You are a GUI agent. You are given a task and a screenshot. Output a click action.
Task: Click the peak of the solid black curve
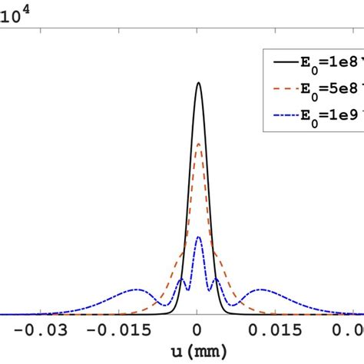(x=199, y=84)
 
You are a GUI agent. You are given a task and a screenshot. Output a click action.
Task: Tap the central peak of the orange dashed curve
(x=199, y=144)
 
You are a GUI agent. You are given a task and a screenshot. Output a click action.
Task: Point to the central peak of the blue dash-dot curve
(x=199, y=237)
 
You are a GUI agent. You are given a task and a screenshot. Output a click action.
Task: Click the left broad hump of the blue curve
(x=136, y=290)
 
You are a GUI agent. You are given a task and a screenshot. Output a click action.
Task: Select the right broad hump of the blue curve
(x=262, y=290)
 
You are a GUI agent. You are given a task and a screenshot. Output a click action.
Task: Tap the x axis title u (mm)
(x=198, y=352)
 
